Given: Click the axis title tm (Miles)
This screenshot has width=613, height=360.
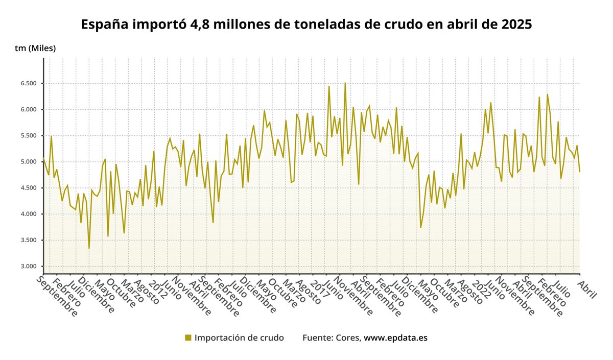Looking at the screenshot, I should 35,48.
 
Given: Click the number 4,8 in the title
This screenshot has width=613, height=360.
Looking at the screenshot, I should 208,24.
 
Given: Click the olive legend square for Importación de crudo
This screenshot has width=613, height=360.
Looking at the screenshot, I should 188,338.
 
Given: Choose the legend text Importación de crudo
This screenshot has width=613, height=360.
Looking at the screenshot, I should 239,338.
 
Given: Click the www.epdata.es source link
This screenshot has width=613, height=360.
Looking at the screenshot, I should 395,338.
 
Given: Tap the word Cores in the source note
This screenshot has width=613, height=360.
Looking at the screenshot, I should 347,338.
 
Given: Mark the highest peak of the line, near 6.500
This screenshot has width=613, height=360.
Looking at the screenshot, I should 345,83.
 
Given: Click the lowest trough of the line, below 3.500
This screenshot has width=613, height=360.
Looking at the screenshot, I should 89,249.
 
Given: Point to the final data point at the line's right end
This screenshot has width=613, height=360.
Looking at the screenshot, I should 580,172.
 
